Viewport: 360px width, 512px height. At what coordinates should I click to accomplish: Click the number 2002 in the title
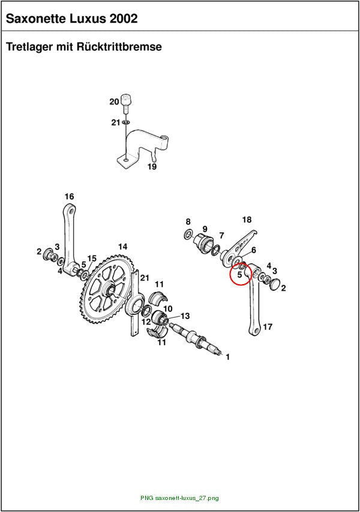pyautogui.click(x=124, y=19)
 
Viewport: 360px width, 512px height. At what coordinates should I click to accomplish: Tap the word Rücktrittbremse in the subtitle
pyautogui.click(x=119, y=47)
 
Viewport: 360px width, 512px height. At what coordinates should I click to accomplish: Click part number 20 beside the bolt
pyautogui.click(x=114, y=102)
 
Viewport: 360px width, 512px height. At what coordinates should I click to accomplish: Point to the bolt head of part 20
pyautogui.click(x=126, y=99)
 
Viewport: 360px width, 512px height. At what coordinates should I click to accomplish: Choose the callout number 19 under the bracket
pyautogui.click(x=152, y=167)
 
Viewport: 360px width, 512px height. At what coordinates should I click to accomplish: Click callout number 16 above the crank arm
pyautogui.click(x=69, y=197)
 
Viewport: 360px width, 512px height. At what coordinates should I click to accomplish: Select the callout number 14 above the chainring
pyautogui.click(x=122, y=246)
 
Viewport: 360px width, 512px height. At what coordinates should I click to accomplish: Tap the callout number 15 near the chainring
pyautogui.click(x=92, y=258)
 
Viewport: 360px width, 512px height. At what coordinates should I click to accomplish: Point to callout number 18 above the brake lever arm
pyautogui.click(x=247, y=220)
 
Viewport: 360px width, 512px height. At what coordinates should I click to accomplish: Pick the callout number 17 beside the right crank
pyautogui.click(x=268, y=327)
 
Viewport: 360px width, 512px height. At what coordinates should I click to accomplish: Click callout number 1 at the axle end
pyautogui.click(x=227, y=357)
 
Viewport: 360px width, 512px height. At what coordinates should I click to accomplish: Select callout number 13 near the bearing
pyautogui.click(x=185, y=316)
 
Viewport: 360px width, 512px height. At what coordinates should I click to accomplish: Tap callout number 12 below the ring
pyautogui.click(x=146, y=322)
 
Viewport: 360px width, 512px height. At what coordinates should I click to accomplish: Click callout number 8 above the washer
pyautogui.click(x=188, y=222)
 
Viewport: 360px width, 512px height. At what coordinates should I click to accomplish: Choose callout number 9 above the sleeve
pyautogui.click(x=205, y=229)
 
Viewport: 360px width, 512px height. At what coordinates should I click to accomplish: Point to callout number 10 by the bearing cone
pyautogui.click(x=168, y=309)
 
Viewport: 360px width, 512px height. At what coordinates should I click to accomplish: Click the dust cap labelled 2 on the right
pyautogui.click(x=275, y=285)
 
